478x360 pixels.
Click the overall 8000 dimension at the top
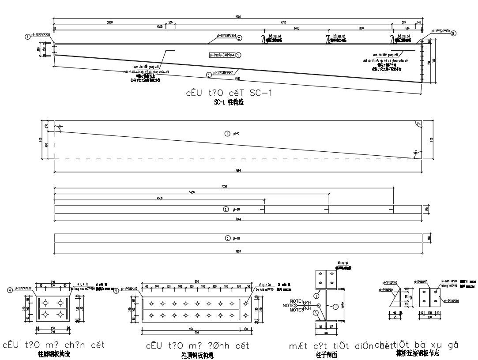click(x=238, y=16)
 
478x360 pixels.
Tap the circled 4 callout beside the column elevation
click(x=28, y=37)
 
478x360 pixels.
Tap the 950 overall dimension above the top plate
click(x=196, y=282)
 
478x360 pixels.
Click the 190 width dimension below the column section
click(x=326, y=332)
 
